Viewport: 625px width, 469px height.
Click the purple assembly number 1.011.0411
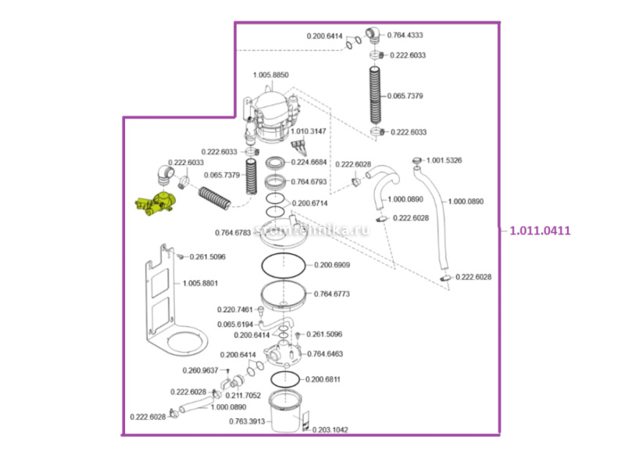coord(540,231)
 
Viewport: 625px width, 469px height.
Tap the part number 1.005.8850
coord(271,75)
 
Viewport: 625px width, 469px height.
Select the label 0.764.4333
coord(405,35)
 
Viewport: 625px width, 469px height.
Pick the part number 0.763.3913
coord(248,421)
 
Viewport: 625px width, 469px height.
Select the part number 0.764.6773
coord(332,294)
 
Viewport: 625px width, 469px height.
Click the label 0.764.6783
coord(234,232)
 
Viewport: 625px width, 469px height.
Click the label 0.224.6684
coord(311,163)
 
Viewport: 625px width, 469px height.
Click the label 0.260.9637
coord(201,370)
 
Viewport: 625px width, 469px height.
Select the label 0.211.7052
coord(244,395)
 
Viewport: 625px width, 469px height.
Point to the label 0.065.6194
coord(235,324)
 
